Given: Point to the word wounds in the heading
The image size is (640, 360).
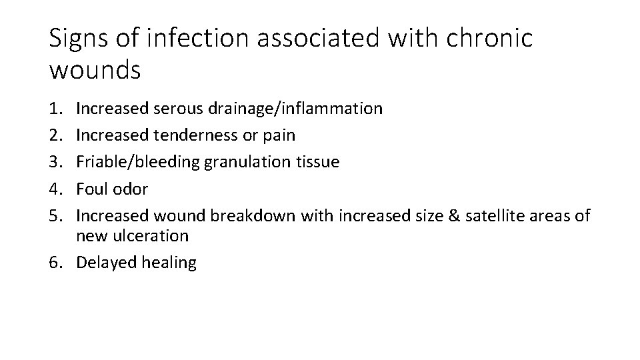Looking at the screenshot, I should click(x=95, y=69).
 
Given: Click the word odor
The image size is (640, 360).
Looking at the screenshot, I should click(x=130, y=189).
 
